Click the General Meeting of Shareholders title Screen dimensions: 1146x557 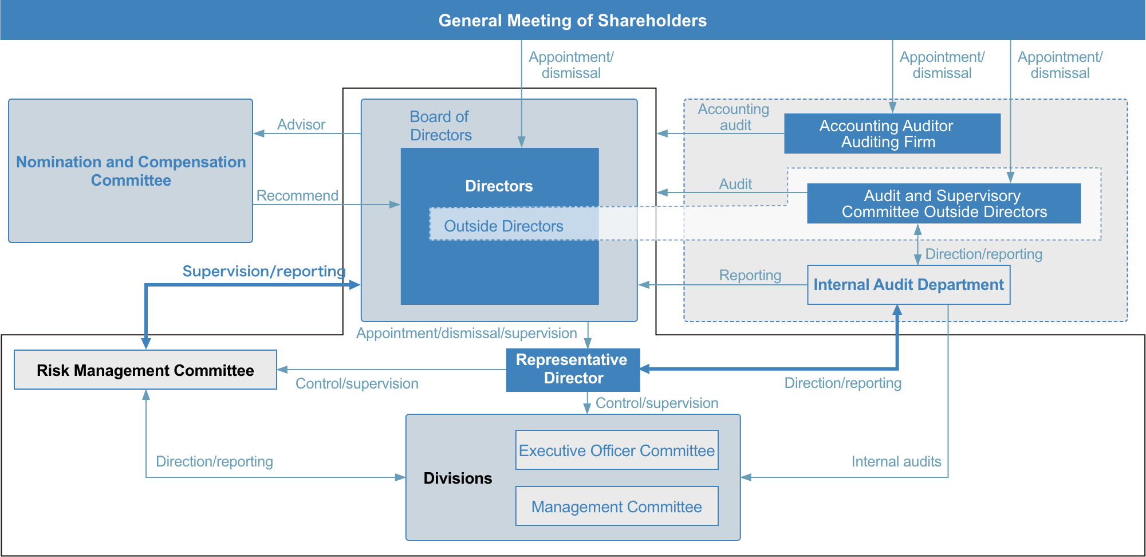tap(573, 21)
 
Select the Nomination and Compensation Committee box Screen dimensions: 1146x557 tap(131, 171)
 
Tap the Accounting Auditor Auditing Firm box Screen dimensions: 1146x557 tap(892, 134)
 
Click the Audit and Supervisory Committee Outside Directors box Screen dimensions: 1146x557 tap(944, 203)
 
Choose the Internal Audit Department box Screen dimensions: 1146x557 tap(909, 285)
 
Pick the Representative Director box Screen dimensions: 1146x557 tap(573, 370)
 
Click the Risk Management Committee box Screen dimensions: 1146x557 tap(145, 370)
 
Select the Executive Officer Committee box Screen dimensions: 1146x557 tap(617, 450)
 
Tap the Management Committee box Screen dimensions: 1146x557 tap(617, 507)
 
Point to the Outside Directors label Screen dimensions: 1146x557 tap(503, 226)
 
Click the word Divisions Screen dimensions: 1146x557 tap(458, 478)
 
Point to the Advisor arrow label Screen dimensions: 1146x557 tap(301, 124)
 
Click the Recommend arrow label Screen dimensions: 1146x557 tap(297, 195)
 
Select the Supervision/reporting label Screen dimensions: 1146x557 tap(264, 271)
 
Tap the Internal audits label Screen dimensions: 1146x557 tap(896, 461)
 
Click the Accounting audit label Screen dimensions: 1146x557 tap(734, 117)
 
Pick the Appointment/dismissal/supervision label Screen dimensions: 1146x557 tap(467, 333)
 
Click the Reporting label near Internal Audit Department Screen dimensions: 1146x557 tap(750, 275)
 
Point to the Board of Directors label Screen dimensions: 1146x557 tap(440, 125)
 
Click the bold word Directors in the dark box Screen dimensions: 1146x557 tap(499, 186)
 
